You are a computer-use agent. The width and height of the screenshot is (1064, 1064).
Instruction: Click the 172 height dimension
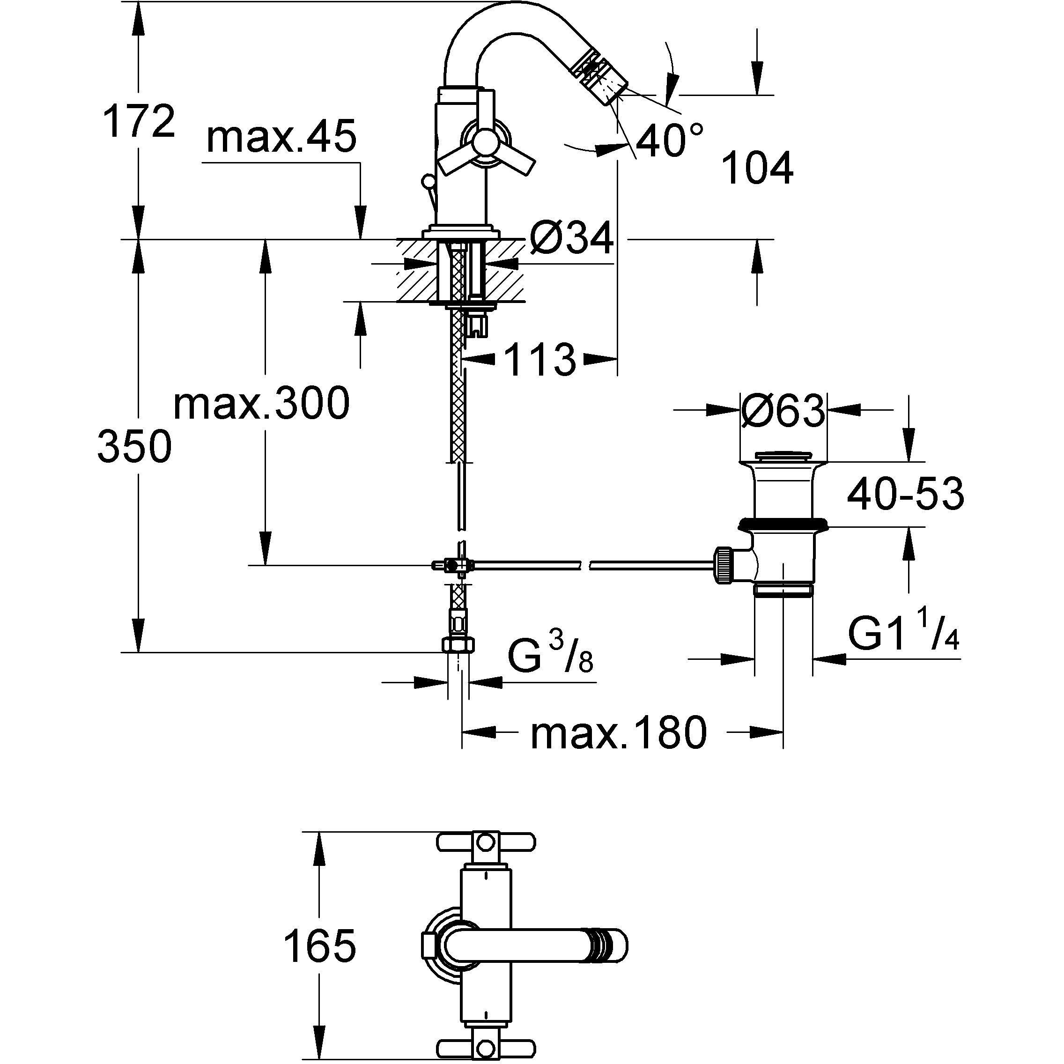(x=138, y=122)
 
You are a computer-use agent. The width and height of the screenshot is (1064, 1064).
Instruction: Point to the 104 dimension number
(x=757, y=168)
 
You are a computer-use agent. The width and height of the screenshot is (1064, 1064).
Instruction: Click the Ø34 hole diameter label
(x=571, y=238)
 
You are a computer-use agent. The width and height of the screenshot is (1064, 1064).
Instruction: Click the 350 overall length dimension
(x=134, y=447)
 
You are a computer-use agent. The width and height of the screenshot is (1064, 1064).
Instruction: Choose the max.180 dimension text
(x=618, y=733)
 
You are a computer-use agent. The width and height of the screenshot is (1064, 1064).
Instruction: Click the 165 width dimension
(x=319, y=946)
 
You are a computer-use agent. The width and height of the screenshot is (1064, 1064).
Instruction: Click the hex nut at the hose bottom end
(x=458, y=644)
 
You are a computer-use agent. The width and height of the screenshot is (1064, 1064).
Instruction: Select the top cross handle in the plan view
(x=486, y=842)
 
